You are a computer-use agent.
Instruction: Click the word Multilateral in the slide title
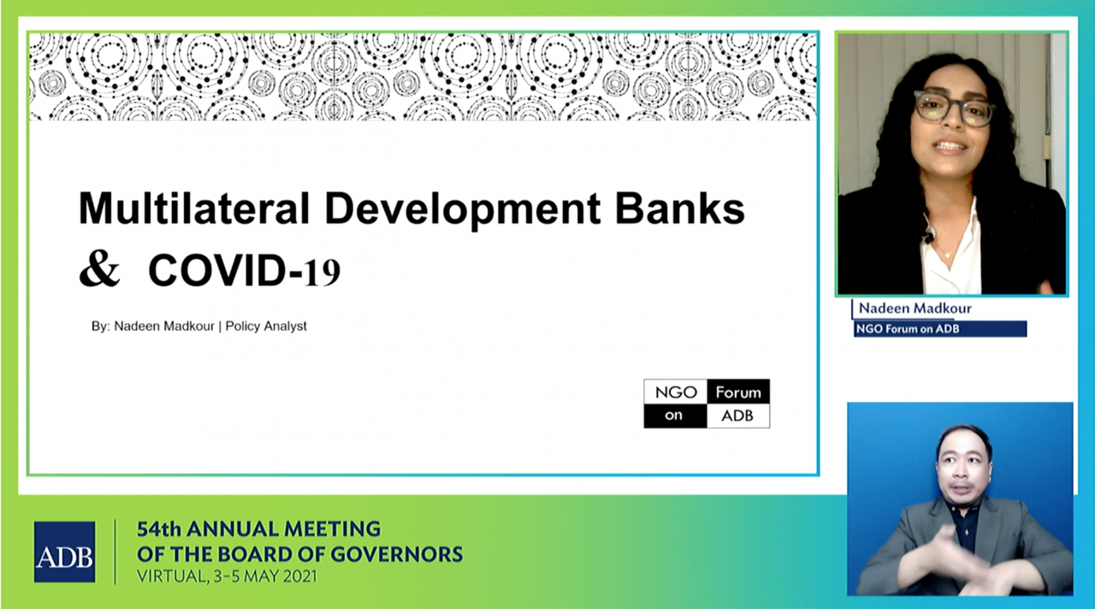194,209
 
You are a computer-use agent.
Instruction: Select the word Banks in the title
680,209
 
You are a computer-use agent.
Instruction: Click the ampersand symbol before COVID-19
99,270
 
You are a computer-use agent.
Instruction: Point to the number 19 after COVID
323,272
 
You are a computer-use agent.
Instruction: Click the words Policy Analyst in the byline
266,326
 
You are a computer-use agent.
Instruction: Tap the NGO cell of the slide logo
676,392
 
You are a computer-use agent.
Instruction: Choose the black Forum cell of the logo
738,392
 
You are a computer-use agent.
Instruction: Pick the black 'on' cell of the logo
676,416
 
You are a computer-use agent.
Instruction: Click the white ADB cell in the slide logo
738,416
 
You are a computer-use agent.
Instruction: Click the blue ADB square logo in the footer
64,552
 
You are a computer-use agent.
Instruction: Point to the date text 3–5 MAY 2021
265,576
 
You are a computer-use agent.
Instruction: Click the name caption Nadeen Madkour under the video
914,309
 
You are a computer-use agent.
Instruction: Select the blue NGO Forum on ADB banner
940,329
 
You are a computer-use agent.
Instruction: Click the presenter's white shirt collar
950,234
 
